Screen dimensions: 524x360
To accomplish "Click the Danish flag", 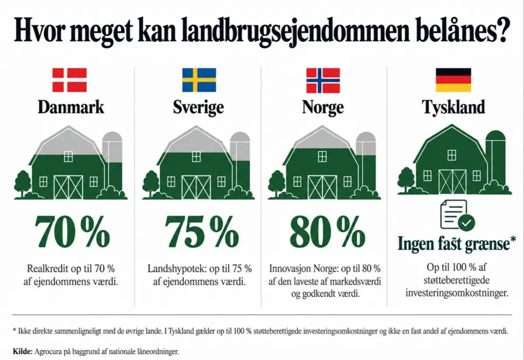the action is coord(69,80).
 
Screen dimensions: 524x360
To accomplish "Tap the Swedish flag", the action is coord(199,80).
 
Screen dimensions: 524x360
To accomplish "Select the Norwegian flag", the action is coord(323,80).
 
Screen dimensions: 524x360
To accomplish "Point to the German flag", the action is coord(453,80).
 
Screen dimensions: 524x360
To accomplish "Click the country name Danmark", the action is coord(71,107).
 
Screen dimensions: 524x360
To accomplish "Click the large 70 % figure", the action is coord(72,232).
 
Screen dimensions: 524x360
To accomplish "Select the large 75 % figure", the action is coord(201,232).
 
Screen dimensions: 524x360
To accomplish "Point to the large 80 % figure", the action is coord(327,232).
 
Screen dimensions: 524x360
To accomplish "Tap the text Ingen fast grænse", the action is coord(454,244).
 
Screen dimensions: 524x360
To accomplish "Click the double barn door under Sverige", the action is coord(196,187).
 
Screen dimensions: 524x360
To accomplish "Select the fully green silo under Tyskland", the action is coord(496,161).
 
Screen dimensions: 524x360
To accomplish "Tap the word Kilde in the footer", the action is coord(22,351).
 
